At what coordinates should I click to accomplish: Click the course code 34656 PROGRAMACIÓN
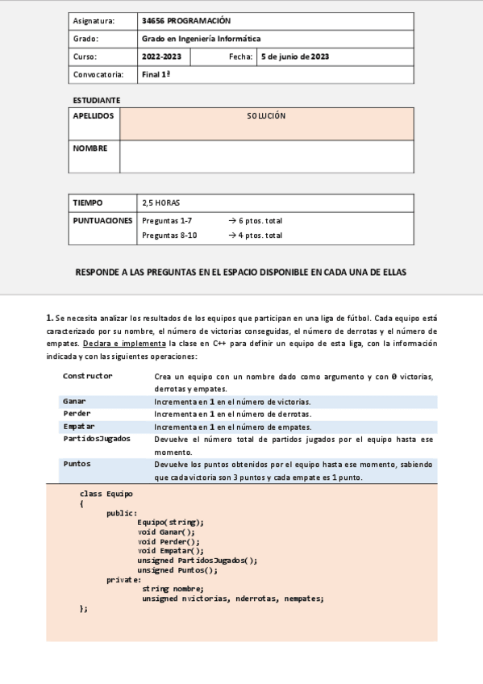[x=185, y=20]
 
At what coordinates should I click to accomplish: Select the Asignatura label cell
[x=94, y=20]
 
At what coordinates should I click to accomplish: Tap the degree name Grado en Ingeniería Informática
[x=201, y=39]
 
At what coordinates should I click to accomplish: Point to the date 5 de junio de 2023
[x=294, y=56]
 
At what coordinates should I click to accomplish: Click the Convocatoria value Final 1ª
[x=156, y=74]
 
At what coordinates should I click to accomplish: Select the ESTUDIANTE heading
[x=96, y=100]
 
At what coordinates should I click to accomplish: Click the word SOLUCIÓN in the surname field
[x=266, y=116]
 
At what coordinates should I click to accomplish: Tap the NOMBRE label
[x=90, y=148]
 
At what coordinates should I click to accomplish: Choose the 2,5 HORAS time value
[x=160, y=202]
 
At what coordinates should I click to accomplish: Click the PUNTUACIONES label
[x=102, y=220]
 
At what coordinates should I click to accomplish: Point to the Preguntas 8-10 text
[x=169, y=236]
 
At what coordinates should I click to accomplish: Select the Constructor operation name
[x=87, y=376]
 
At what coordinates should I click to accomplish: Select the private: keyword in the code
[x=123, y=579]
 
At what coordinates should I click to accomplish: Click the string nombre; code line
[x=173, y=589]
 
